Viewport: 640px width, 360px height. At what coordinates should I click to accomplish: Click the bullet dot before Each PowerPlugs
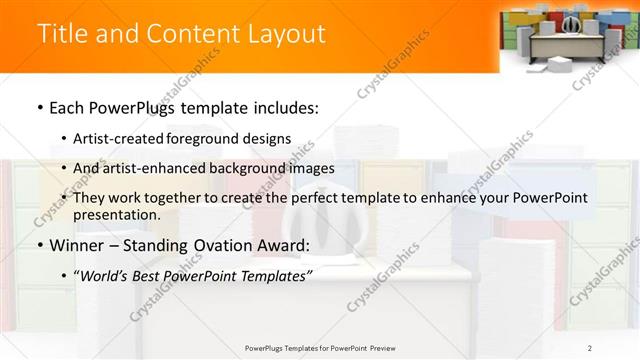(x=39, y=106)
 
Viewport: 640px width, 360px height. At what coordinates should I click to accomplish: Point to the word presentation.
(x=115, y=214)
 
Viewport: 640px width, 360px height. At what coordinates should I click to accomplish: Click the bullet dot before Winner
(x=39, y=246)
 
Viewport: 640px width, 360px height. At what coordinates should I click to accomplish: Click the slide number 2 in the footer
(x=590, y=347)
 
